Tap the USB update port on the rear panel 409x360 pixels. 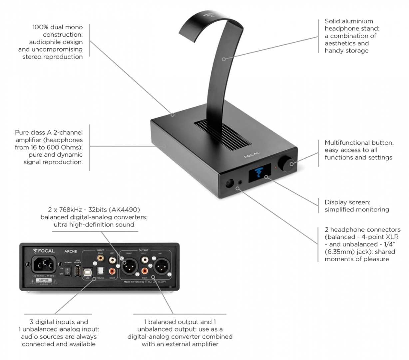tap(78, 271)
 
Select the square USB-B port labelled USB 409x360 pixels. tap(88, 271)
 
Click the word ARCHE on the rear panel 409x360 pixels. tap(71, 252)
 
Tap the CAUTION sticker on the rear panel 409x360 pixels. tap(44, 280)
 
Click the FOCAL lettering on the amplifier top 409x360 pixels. tap(252, 155)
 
